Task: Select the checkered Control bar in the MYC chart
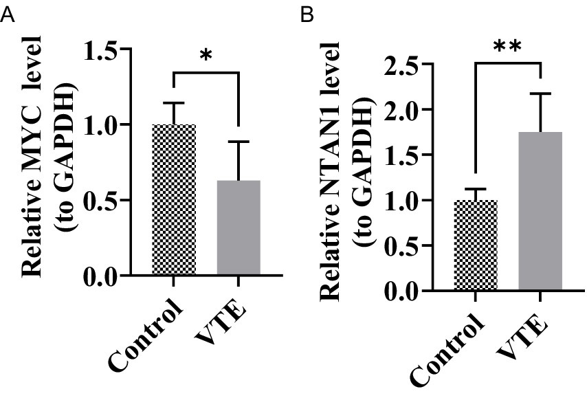[x=173, y=200]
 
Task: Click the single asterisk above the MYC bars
[x=205, y=55]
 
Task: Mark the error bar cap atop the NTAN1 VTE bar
[x=541, y=93]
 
